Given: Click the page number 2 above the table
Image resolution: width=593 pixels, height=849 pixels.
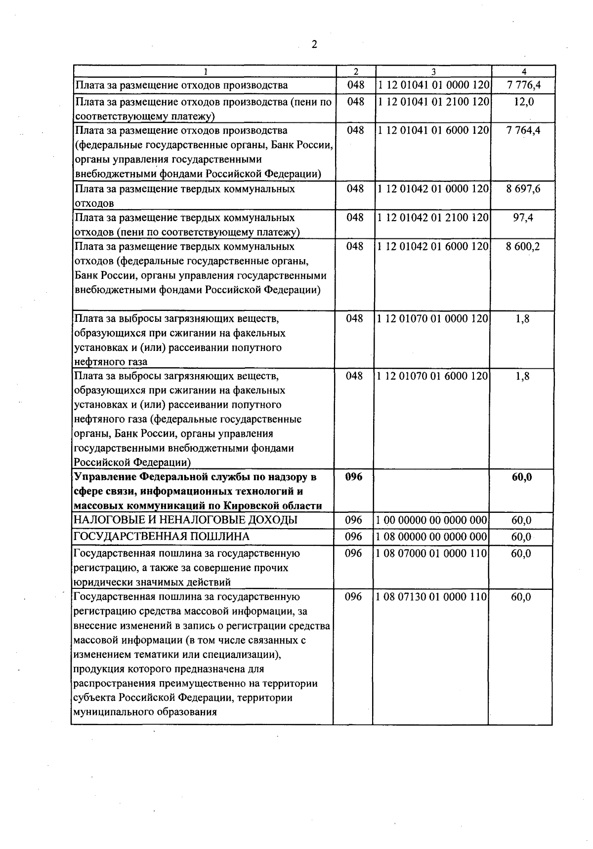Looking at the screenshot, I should (314, 45).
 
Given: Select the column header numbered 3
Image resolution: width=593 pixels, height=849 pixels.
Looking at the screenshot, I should (433, 72).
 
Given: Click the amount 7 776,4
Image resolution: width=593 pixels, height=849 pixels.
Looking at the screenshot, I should (523, 85).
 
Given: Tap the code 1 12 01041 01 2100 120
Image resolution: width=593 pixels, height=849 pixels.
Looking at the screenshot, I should (433, 102).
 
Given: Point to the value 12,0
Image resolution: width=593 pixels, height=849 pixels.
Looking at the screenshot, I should (523, 102).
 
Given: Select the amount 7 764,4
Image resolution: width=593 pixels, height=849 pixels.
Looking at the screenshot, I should (523, 130).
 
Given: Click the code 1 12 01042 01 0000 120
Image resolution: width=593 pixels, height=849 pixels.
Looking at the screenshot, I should (433, 189).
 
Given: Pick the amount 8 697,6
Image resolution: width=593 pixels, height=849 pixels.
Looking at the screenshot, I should (523, 189).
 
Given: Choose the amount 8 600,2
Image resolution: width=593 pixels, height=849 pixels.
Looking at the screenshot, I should (523, 246).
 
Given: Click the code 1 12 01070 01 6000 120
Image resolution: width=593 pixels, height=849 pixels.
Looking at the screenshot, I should (433, 376).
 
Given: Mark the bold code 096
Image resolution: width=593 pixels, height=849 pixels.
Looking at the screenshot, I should (353, 477).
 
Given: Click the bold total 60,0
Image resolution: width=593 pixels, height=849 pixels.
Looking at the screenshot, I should (522, 477).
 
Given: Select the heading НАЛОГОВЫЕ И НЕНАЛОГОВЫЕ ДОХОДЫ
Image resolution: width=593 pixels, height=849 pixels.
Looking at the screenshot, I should (185, 520).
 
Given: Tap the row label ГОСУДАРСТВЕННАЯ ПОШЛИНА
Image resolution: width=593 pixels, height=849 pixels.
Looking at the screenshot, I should (161, 537).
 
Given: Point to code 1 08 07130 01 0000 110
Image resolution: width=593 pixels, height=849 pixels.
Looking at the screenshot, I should (431, 597).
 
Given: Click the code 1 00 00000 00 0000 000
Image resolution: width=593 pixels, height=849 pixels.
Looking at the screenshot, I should (431, 520).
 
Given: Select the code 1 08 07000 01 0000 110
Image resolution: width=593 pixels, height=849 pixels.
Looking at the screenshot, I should (431, 553).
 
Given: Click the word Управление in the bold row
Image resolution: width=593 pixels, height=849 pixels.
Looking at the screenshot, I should (104, 477).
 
